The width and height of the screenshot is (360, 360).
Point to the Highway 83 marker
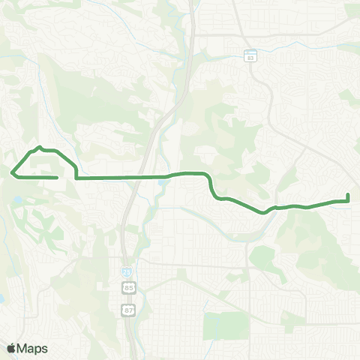[250, 56]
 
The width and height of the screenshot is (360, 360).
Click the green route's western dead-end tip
[58, 178]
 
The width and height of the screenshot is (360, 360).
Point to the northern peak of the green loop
[40, 147]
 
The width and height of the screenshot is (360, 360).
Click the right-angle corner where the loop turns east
[77, 178]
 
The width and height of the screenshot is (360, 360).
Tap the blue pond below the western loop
[16, 201]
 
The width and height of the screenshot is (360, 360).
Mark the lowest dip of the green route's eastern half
[264, 212]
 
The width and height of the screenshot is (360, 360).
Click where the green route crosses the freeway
[142, 178]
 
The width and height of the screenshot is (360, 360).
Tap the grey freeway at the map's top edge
[191, 4]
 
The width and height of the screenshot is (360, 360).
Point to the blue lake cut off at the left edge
[2, 298]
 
